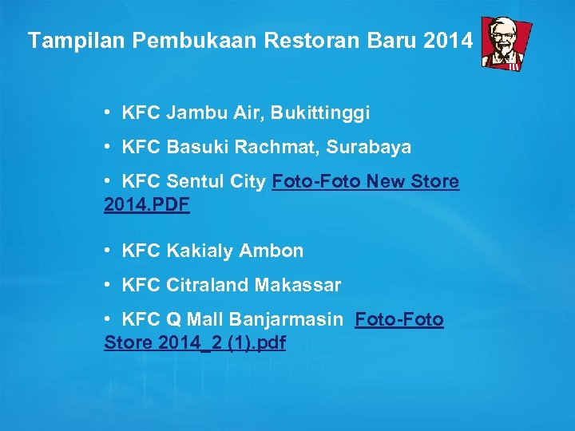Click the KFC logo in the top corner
click(x=506, y=42)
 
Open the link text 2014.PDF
click(x=147, y=205)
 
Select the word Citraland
click(x=208, y=285)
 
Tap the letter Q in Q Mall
click(x=173, y=320)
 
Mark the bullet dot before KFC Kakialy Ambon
click(x=107, y=251)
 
